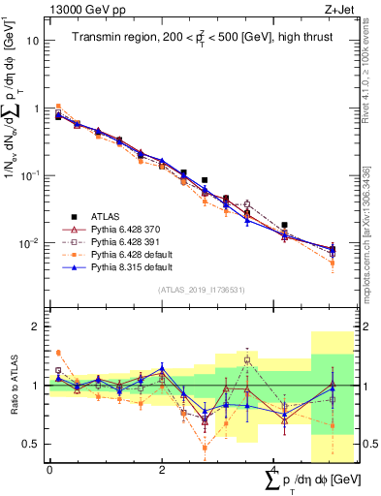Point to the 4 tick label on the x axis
274,471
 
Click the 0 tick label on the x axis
48,471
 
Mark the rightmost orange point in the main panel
333,263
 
